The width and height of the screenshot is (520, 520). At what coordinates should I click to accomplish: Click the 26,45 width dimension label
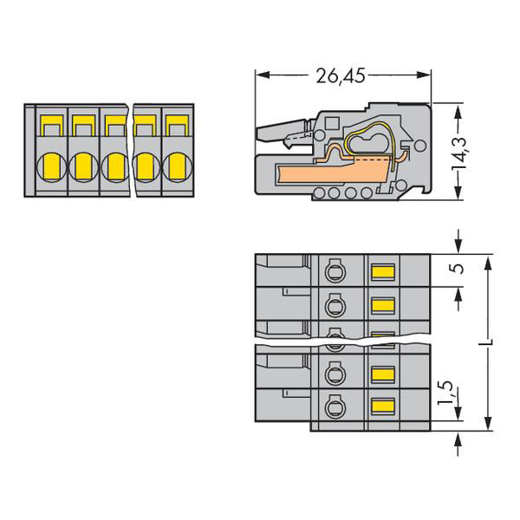[x=341, y=76]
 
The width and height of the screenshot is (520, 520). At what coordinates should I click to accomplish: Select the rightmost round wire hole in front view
[x=178, y=164]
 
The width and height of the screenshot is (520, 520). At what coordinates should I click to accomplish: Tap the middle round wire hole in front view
[x=114, y=164]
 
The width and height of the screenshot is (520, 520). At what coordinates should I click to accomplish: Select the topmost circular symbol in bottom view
[x=334, y=273]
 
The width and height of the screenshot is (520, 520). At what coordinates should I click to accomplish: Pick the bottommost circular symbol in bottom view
[x=334, y=406]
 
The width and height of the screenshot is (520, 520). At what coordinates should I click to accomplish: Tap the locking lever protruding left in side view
[x=282, y=130]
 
